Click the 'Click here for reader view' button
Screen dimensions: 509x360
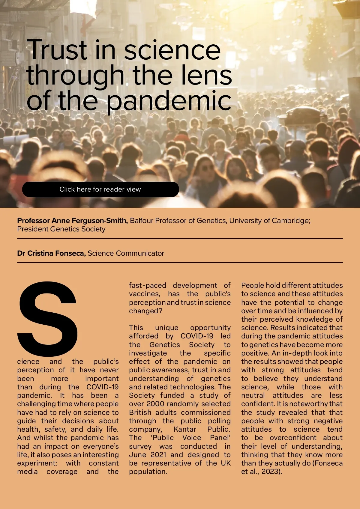click(x=100, y=189)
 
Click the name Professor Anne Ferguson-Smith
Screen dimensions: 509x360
click(x=72, y=221)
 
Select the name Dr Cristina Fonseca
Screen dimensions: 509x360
click(x=51, y=253)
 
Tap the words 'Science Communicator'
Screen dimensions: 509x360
click(x=126, y=253)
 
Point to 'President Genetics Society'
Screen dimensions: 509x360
click(x=61, y=229)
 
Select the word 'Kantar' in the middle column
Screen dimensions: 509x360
click(x=185, y=429)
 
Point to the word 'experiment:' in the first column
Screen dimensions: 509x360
click(x=37, y=463)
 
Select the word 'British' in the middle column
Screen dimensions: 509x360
click(x=141, y=412)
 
